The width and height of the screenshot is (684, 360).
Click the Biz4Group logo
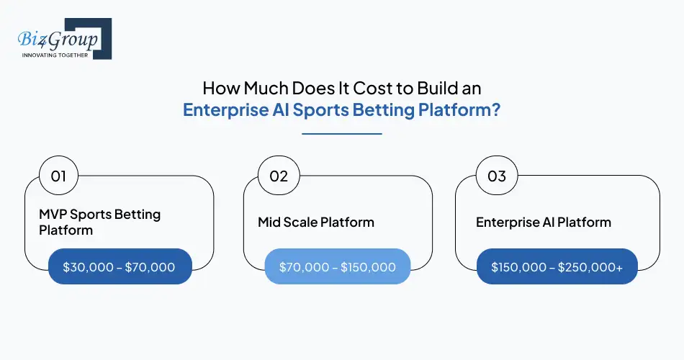pos(60,38)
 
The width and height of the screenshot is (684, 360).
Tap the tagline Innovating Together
pos(55,55)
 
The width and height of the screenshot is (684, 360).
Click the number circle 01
pos(58,176)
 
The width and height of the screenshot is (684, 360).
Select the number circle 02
pos(279,176)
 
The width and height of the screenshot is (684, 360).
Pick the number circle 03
pos(497,176)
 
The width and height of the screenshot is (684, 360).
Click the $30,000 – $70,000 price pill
pos(120,267)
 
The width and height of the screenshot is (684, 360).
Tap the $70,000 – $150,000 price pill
pos(338,267)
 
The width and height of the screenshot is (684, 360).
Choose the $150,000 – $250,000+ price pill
pos(557,267)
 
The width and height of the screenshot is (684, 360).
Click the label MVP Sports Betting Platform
pos(99,222)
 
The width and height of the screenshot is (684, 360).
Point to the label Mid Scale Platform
pos(316,222)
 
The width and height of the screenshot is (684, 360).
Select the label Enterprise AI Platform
pos(544,222)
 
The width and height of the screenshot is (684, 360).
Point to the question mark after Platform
pos(497,111)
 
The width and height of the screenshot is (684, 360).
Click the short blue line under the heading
pos(341,133)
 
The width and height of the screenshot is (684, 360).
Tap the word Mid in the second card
pos(270,222)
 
